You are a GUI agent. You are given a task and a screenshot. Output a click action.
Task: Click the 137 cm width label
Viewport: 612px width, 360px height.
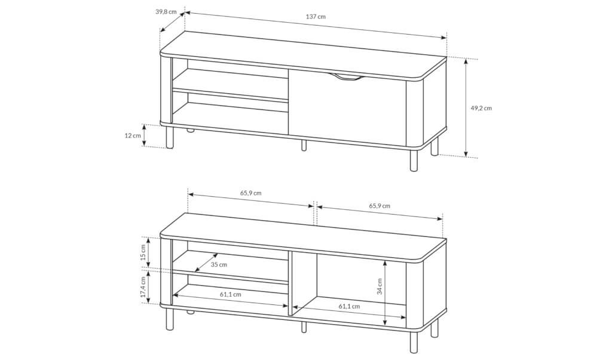point(316,16)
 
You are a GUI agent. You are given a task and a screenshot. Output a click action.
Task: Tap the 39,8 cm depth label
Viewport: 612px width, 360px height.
point(166,11)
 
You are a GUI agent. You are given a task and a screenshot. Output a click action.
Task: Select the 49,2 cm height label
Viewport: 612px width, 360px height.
point(481,108)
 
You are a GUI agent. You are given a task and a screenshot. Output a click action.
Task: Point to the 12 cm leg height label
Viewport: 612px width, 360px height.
point(133,136)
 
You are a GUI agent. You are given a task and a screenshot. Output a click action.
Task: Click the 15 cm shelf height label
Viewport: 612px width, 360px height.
point(143,252)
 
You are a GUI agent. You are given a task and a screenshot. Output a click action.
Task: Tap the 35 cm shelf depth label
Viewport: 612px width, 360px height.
point(219,264)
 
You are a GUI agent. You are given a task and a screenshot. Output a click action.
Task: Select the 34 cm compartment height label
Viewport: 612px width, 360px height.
point(380,286)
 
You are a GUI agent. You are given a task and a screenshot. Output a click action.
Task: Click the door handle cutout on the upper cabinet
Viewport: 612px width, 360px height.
point(346,78)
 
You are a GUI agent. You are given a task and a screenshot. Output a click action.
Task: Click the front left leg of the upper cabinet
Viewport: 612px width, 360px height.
point(169,137)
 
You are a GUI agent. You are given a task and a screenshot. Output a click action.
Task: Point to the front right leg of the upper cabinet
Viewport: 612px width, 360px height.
point(414,160)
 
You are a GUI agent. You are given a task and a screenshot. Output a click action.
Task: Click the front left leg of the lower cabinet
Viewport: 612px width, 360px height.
point(169,319)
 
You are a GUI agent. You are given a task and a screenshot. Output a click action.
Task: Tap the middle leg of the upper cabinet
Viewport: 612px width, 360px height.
point(304,145)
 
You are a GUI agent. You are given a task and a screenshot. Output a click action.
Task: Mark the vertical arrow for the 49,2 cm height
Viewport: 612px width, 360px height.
point(466,108)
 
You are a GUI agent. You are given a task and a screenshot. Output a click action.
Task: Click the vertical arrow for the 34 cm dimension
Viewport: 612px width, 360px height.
point(385,292)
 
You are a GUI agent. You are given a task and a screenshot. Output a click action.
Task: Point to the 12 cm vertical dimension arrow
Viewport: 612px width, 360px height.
point(145,136)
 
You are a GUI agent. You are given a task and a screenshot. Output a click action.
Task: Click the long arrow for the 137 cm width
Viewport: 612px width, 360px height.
point(316,25)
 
